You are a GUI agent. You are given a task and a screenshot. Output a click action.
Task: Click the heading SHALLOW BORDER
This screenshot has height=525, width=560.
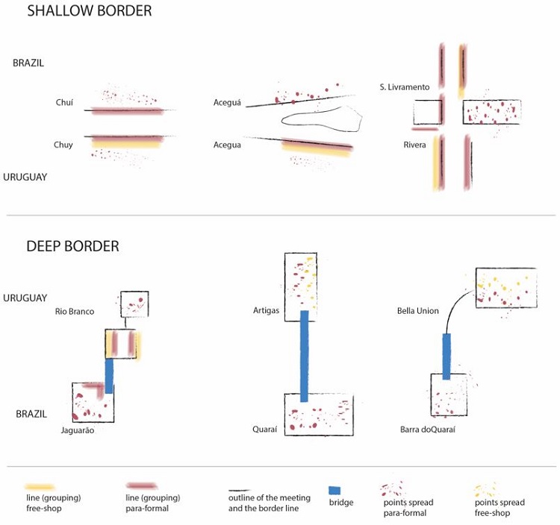click(x=89, y=11)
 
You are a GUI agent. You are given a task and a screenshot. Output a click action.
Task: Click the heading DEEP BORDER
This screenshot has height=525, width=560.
click(x=72, y=246)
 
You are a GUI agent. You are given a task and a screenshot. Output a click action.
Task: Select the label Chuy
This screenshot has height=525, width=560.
click(x=63, y=145)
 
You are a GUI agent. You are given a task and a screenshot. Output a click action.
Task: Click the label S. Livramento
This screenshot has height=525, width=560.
click(x=404, y=88)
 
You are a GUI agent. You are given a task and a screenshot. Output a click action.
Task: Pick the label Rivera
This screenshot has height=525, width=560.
click(x=414, y=145)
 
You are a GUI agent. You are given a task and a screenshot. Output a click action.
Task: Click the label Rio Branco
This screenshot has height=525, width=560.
click(x=75, y=311)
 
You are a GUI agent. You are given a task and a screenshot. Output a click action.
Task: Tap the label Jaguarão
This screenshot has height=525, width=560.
click(x=78, y=430)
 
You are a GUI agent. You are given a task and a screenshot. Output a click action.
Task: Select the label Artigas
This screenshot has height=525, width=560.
click(x=266, y=309)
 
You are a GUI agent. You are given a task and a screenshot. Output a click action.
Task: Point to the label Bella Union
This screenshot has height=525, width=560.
click(x=418, y=311)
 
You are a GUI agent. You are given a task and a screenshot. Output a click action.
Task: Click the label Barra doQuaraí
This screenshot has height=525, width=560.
click(x=428, y=430)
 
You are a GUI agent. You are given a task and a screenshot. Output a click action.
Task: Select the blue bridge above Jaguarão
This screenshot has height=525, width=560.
click(x=109, y=377)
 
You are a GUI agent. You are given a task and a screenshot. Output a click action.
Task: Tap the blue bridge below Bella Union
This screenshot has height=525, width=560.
click(x=447, y=356)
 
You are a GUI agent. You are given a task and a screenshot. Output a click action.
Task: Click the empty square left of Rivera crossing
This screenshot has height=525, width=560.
click(x=427, y=113)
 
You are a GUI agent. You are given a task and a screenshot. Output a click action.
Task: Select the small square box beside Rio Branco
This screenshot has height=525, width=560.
click(x=135, y=304)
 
